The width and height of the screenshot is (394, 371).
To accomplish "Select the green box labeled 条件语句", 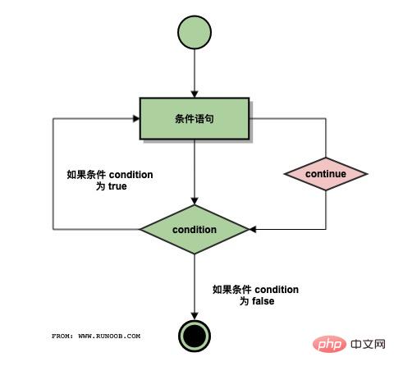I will click(x=194, y=118).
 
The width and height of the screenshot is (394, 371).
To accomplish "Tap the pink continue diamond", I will click(x=325, y=174).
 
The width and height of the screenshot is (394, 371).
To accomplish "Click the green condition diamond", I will click(x=194, y=229).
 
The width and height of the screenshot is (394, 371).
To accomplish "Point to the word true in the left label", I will click(x=117, y=187).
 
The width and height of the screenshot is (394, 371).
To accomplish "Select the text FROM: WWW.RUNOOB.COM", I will click(x=96, y=336).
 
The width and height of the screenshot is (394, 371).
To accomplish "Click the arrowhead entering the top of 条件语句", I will click(x=194, y=94).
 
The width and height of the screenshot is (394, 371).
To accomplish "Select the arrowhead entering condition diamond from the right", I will click(x=253, y=229).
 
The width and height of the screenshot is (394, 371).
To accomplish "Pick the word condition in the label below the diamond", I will click(x=277, y=290).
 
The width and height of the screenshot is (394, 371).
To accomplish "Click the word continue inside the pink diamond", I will click(x=325, y=174).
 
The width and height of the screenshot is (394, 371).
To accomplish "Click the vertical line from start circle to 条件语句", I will click(x=194, y=72).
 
